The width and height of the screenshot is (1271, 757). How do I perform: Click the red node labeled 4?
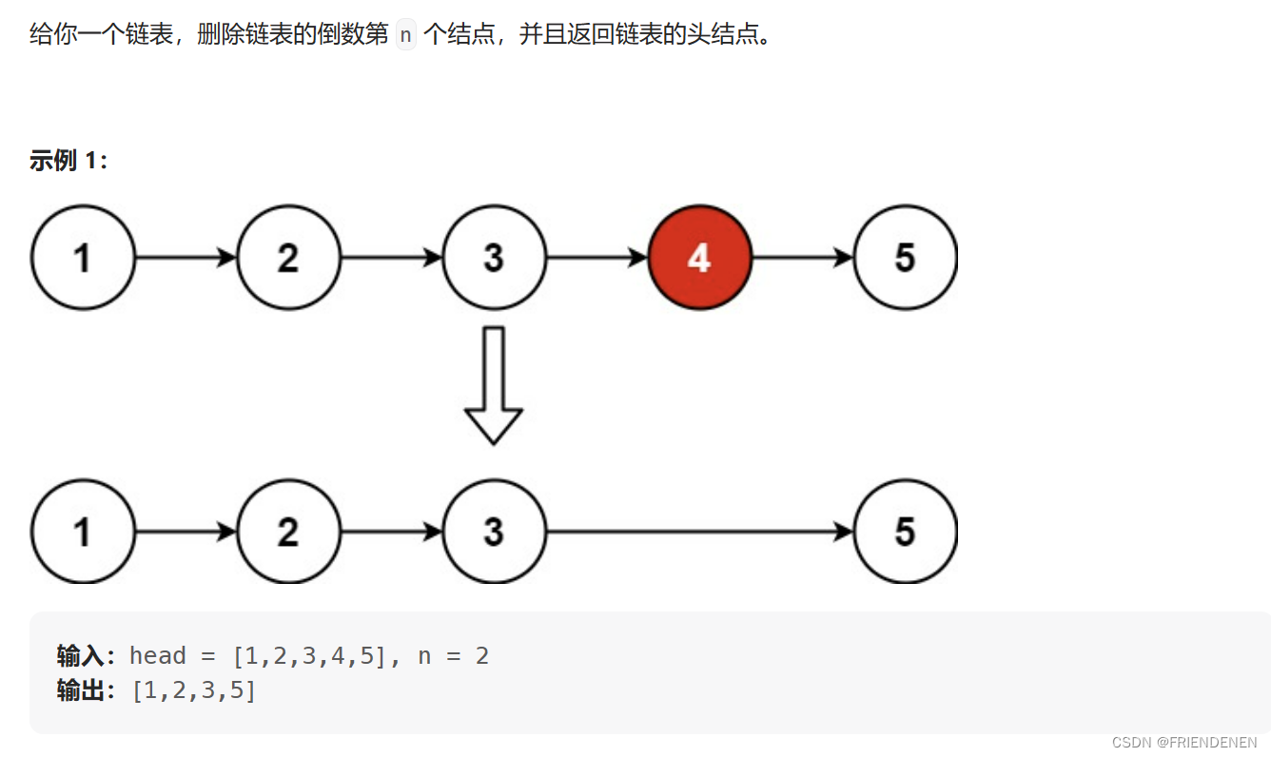pos(699,258)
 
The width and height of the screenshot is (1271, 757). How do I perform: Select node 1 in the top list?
pos(83,258)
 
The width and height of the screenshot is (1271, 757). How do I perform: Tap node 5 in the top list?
pos(905,258)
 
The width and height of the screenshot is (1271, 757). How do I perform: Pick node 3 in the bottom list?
pos(494,532)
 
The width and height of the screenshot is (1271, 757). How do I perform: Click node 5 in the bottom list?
pos(905,532)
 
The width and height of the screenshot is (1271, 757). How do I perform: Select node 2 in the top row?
pos(288,258)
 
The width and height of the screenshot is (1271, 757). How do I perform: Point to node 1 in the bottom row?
pos(83,532)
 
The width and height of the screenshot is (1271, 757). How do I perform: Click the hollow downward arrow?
pos(493,385)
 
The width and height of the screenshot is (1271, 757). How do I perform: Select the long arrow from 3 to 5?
pos(699,532)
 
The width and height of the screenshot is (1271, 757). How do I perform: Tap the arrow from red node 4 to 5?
pos(802,258)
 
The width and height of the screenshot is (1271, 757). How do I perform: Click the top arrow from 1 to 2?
pos(186,258)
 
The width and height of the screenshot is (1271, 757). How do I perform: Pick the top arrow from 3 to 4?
pos(596,258)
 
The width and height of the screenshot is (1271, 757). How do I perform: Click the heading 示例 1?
pos(68,161)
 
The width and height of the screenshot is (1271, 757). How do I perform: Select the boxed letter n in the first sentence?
pos(406,36)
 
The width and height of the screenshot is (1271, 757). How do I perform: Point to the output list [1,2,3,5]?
pos(194,690)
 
